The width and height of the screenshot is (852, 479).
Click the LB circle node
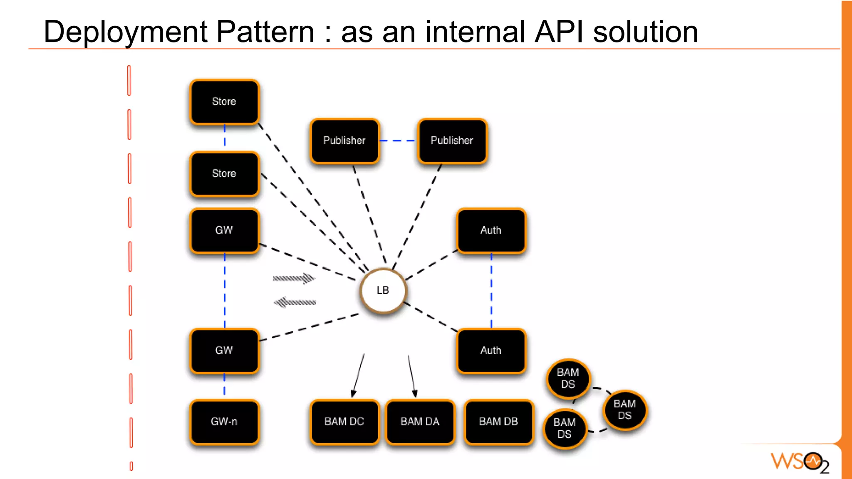383,291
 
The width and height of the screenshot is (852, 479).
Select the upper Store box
224,102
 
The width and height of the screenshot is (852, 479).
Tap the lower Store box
224,174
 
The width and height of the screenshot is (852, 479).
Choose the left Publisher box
344,141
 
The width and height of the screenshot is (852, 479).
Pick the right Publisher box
452,141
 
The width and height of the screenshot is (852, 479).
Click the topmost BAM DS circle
568,378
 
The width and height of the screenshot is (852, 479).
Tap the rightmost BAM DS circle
624,410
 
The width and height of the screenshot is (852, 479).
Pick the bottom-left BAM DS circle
565,428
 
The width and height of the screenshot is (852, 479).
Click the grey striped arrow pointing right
294,278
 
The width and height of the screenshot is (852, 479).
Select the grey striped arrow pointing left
295,302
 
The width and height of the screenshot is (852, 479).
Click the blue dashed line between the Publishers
398,141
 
